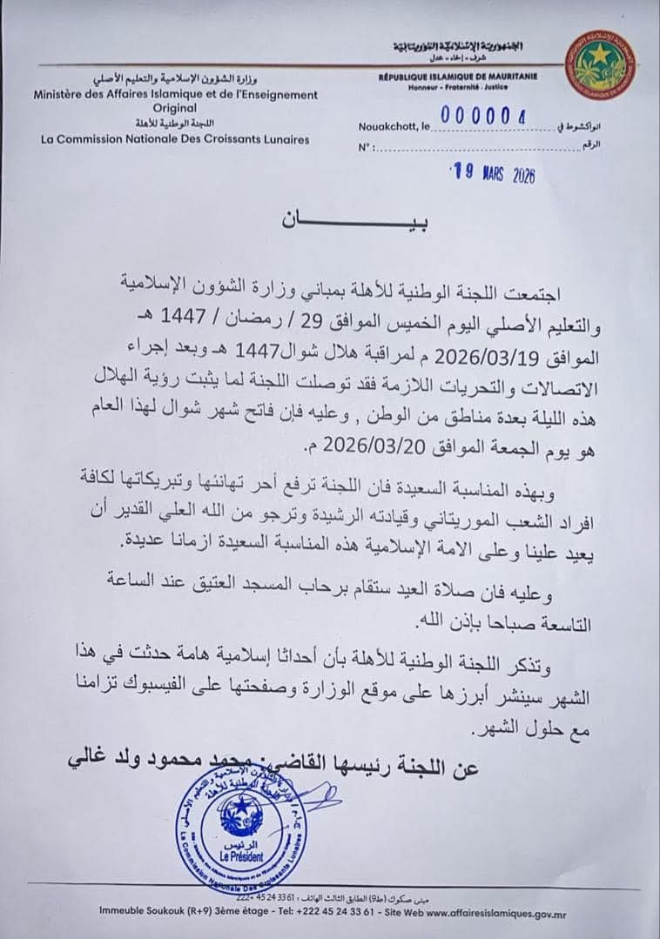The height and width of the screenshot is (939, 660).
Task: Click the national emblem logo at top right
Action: (x=600, y=65)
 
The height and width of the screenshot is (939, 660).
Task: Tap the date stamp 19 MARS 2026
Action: (x=492, y=173)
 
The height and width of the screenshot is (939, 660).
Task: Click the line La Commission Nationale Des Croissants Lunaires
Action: (x=174, y=138)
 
